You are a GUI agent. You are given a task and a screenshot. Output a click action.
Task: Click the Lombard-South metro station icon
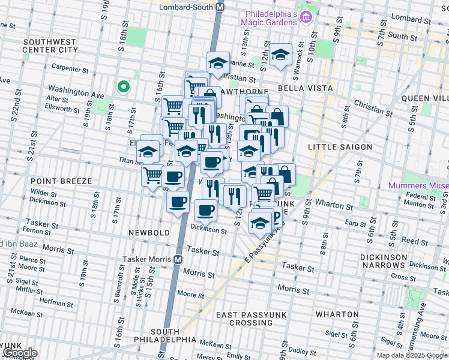click(x=220, y=7)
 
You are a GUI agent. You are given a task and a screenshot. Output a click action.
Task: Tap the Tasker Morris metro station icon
click(x=178, y=260)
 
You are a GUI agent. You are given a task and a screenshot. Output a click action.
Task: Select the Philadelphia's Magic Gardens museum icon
click(x=306, y=17)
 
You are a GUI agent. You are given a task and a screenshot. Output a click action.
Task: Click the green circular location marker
click(x=124, y=88)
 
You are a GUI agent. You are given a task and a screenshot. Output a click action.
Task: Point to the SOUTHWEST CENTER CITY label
click(x=50, y=46)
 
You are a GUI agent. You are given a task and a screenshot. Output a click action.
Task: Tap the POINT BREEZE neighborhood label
click(x=61, y=181)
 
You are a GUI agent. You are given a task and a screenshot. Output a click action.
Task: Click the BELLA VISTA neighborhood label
click(x=304, y=88)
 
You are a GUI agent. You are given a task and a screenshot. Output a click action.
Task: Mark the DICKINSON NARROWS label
click(x=416, y=260)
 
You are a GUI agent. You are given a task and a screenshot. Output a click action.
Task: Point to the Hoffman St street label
click(x=53, y=304)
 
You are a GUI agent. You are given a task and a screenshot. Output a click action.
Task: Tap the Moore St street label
click(x=191, y=295)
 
